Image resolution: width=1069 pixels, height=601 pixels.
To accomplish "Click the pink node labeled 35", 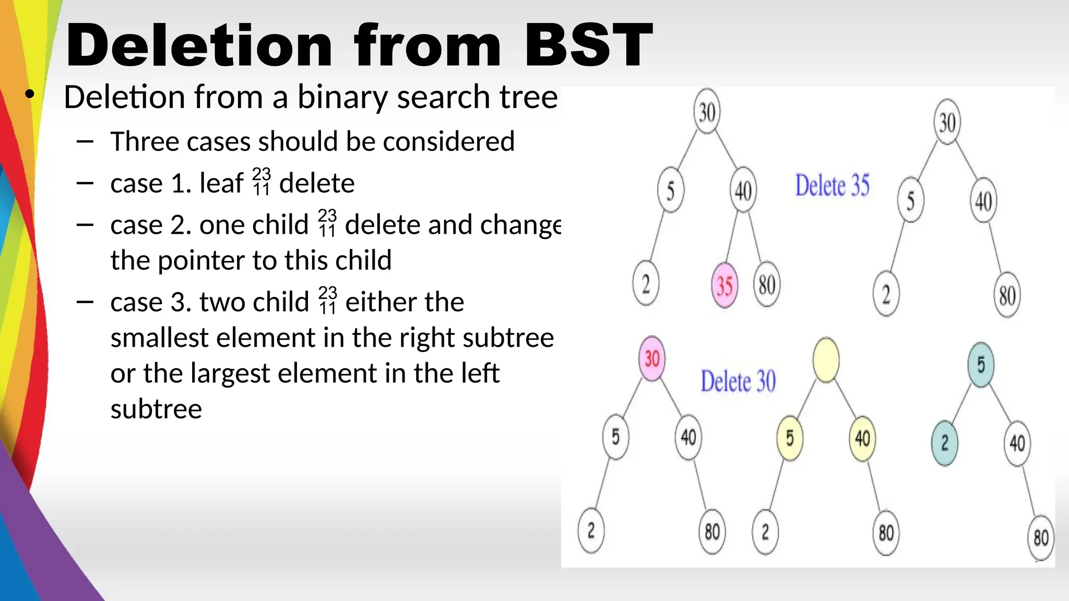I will tap(724, 285).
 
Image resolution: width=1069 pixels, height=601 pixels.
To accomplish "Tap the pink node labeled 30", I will tap(652, 358).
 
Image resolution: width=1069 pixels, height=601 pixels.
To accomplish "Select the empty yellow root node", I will tap(826, 360).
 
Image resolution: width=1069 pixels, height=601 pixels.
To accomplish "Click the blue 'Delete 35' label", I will tap(832, 186).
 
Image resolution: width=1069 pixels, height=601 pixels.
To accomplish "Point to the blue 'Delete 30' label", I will tap(738, 381).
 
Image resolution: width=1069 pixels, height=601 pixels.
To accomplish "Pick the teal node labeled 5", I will tap(981, 365).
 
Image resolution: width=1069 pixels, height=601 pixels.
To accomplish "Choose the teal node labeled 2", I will tap(944, 443).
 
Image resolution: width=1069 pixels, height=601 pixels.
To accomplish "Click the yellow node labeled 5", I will tap(790, 438).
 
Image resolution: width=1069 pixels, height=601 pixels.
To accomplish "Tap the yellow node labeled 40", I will tap(862, 438).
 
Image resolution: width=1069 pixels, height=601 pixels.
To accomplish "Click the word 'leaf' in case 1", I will tap(221, 184).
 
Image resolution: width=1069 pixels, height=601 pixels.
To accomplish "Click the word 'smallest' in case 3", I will tap(159, 338).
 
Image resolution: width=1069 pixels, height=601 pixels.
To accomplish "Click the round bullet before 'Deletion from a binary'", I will tap(30, 94).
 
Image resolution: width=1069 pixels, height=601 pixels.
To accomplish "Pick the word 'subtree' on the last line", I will tap(156, 409).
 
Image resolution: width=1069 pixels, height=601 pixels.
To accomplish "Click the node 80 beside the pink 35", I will tap(766, 285).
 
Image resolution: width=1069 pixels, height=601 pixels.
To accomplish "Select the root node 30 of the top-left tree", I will tap(707, 112).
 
